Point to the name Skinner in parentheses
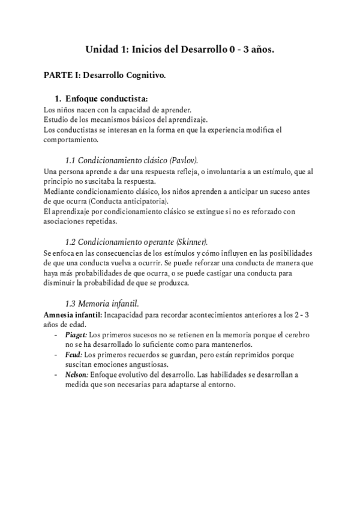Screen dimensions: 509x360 pyautogui.click(x=191, y=242)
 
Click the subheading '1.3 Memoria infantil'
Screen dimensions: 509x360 pyautogui.click(x=102, y=303)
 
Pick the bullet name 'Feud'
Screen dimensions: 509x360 pyautogui.click(x=74, y=355)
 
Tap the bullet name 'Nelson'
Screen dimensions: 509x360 pyautogui.click(x=77, y=375)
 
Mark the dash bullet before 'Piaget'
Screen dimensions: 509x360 pyautogui.click(x=56, y=334)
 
